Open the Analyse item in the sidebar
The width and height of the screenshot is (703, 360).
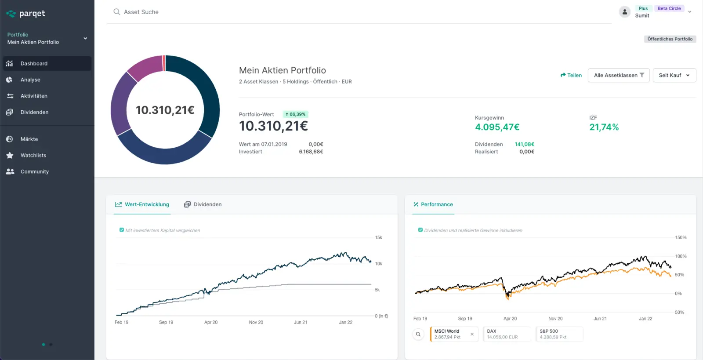pos(30,80)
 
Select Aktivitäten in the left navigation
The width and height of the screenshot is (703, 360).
pos(34,96)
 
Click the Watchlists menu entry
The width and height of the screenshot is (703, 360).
pos(33,155)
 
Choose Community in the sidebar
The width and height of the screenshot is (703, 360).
pos(34,171)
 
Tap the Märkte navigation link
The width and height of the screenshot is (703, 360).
pos(29,139)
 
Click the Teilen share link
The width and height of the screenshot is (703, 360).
pos(571,75)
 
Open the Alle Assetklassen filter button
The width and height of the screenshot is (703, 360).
pos(618,75)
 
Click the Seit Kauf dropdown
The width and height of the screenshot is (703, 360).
pos(674,75)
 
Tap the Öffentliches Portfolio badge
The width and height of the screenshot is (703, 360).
pos(670,39)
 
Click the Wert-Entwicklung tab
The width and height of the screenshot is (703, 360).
pos(142,204)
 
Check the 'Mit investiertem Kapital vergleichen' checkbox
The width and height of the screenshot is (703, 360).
pos(122,230)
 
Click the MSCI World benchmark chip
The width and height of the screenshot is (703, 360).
pos(450,334)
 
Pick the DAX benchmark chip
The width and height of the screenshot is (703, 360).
pos(506,334)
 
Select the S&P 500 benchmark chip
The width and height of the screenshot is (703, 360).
pos(559,334)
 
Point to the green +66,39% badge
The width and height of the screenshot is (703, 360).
pos(295,114)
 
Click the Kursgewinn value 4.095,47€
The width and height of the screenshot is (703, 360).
pos(497,127)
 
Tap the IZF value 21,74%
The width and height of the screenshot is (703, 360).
pos(604,127)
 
